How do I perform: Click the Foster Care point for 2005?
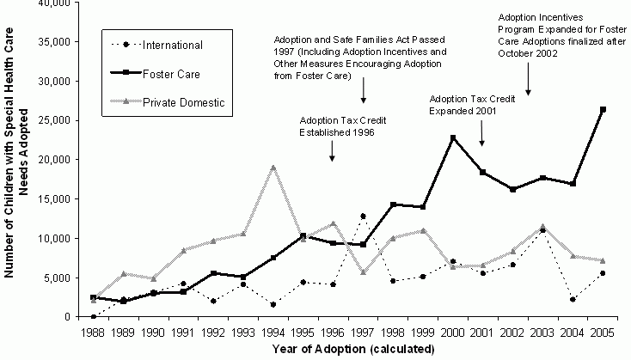[603, 109]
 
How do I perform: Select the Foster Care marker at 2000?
[452, 137]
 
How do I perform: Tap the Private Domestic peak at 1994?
[273, 168]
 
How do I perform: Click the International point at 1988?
[93, 316]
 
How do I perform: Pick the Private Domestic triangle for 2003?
[542, 226]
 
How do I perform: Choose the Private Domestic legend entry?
[182, 103]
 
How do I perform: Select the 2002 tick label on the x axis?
[512, 332]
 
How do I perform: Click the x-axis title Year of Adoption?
[348, 349]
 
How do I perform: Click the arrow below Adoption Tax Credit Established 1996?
[333, 151]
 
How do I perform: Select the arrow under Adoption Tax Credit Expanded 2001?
[482, 131]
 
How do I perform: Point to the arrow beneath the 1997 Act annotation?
[364, 90]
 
